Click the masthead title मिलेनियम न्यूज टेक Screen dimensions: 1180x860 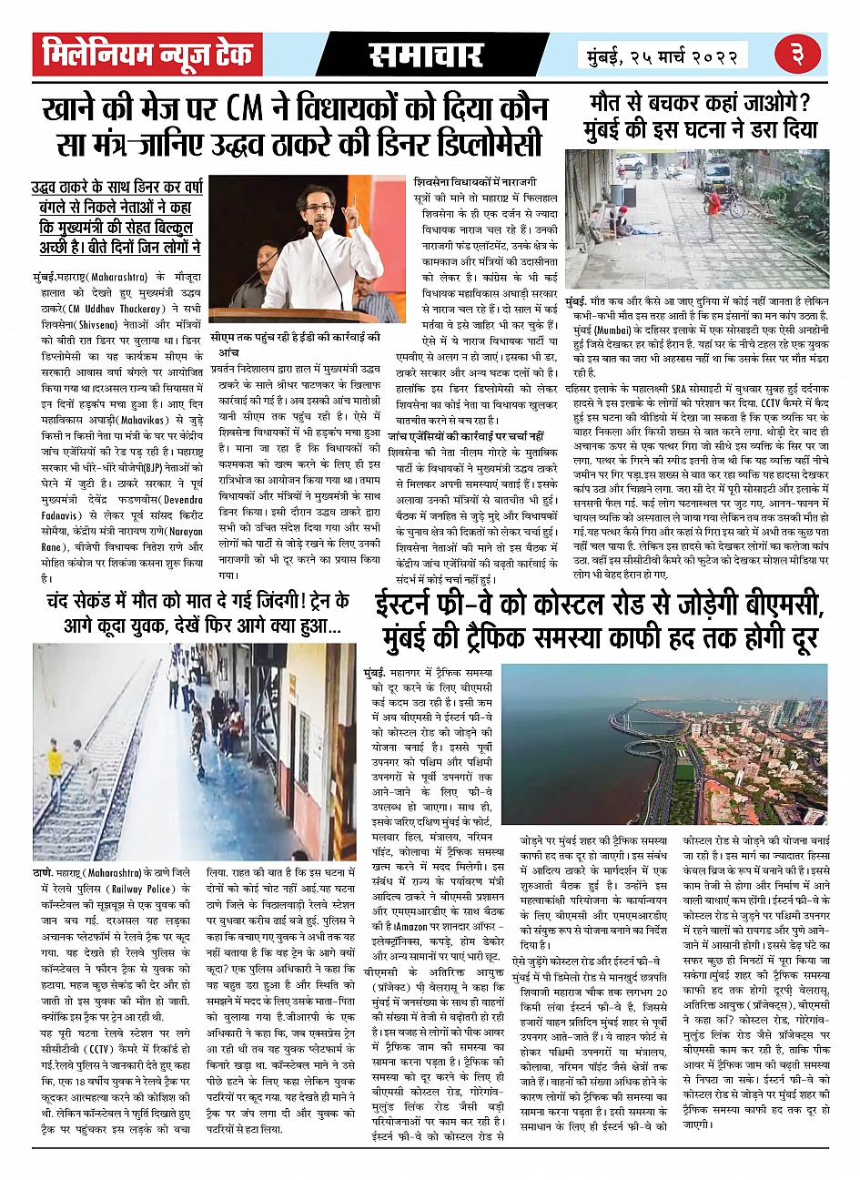tap(147, 55)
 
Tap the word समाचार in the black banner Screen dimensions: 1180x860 tap(425, 56)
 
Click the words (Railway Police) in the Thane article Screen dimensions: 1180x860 tap(144, 890)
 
